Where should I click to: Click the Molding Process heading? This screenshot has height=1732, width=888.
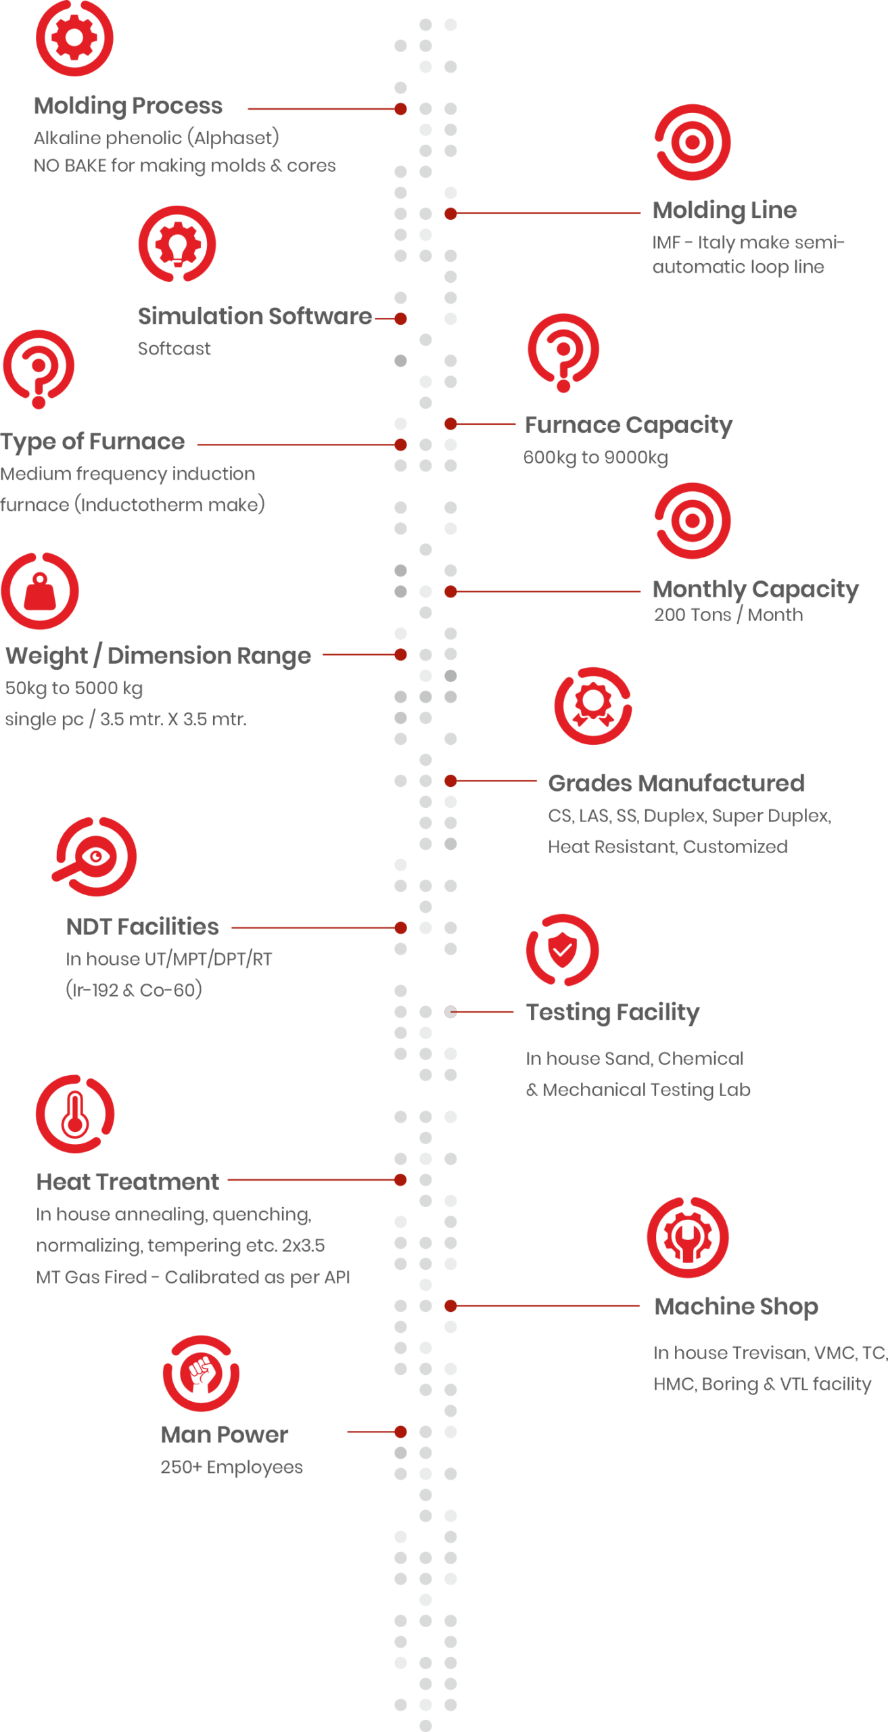pyautogui.click(x=128, y=106)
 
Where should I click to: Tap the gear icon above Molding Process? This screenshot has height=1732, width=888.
pyautogui.click(x=74, y=37)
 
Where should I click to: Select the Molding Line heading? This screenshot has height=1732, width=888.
pyautogui.click(x=724, y=210)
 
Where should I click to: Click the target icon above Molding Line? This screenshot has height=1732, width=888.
pyautogui.click(x=693, y=142)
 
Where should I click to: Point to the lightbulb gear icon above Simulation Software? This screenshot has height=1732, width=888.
pyautogui.click(x=177, y=244)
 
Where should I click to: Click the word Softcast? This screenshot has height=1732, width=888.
pyautogui.click(x=174, y=348)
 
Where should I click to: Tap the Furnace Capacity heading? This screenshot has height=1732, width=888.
pyautogui.click(x=628, y=426)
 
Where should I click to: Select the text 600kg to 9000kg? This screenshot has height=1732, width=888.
pyautogui.click(x=595, y=457)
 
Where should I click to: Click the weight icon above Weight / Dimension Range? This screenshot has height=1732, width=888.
pyautogui.click(x=40, y=591)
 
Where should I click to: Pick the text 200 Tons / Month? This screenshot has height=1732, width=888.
pyautogui.click(x=728, y=615)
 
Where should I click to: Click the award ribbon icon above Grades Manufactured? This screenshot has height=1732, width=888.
pyautogui.click(x=593, y=706)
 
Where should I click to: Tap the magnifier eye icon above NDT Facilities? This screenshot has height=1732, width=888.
pyautogui.click(x=95, y=857)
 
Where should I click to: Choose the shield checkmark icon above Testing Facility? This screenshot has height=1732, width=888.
pyautogui.click(x=563, y=950)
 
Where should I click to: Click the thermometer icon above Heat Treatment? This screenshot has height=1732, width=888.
pyautogui.click(x=75, y=1114)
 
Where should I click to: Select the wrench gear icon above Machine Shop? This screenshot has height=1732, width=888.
pyautogui.click(x=688, y=1237)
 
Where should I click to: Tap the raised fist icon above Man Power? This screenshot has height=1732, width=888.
pyautogui.click(x=201, y=1373)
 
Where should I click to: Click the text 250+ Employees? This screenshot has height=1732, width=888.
pyautogui.click(x=231, y=1467)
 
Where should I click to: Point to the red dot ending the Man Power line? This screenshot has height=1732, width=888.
pyautogui.click(x=400, y=1432)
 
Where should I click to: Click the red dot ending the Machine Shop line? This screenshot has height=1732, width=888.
pyautogui.click(x=450, y=1306)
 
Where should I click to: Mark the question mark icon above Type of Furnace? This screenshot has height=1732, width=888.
pyautogui.click(x=39, y=369)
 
